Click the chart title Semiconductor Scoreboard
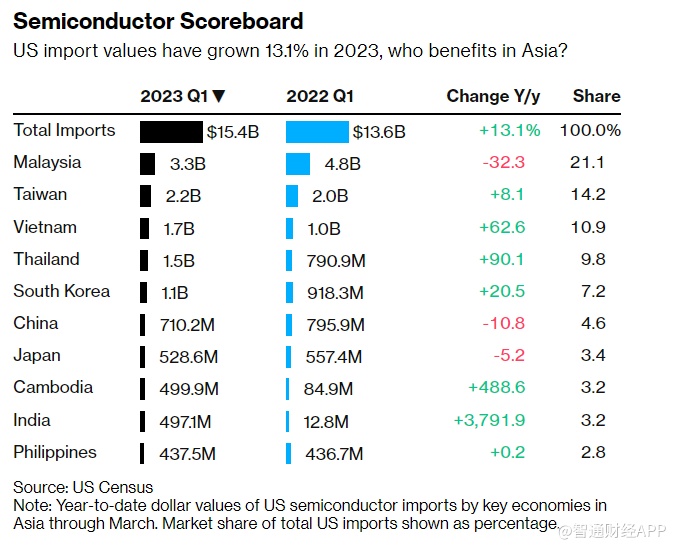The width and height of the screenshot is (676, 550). [x=157, y=20]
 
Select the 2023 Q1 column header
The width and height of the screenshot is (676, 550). [x=182, y=97]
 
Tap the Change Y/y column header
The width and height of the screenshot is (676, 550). [x=493, y=97]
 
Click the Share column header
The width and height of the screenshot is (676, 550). [x=596, y=97]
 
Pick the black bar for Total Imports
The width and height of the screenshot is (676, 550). [x=171, y=131]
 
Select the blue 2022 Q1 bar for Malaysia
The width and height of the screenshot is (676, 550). [x=298, y=163]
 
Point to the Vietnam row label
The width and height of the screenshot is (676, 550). [x=45, y=227]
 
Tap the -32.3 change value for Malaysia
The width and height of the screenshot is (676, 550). [x=503, y=163]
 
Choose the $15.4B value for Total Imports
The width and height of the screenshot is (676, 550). [x=232, y=131]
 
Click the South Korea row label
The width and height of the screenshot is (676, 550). [x=62, y=292]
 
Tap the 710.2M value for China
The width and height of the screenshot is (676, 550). [x=188, y=324]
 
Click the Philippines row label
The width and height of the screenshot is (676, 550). [x=55, y=453]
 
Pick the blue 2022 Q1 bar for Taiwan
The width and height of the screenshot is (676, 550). [x=292, y=195]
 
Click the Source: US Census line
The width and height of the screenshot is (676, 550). [x=83, y=487]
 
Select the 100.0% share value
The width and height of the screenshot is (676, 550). [x=590, y=131]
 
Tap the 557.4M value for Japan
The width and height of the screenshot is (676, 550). [x=334, y=356]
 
